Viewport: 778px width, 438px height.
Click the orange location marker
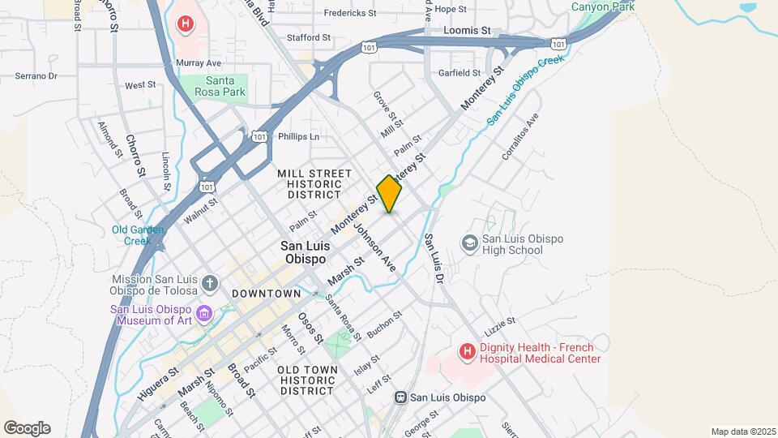(389, 194)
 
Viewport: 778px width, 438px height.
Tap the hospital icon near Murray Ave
(186, 24)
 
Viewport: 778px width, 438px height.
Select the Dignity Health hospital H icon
(467, 352)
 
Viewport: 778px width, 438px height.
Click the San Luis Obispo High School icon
(469, 243)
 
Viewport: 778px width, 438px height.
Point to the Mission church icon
(210, 284)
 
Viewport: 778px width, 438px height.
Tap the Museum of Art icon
(203, 313)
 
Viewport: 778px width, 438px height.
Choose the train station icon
(400, 397)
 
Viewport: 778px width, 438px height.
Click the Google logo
(27, 428)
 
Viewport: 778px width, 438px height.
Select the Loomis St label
(468, 30)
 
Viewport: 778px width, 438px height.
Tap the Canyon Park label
(602, 6)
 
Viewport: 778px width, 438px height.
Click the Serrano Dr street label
(36, 76)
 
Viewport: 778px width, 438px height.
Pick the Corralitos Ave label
(519, 135)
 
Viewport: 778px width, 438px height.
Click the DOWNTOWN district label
(267, 293)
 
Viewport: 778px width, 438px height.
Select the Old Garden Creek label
(138, 235)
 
